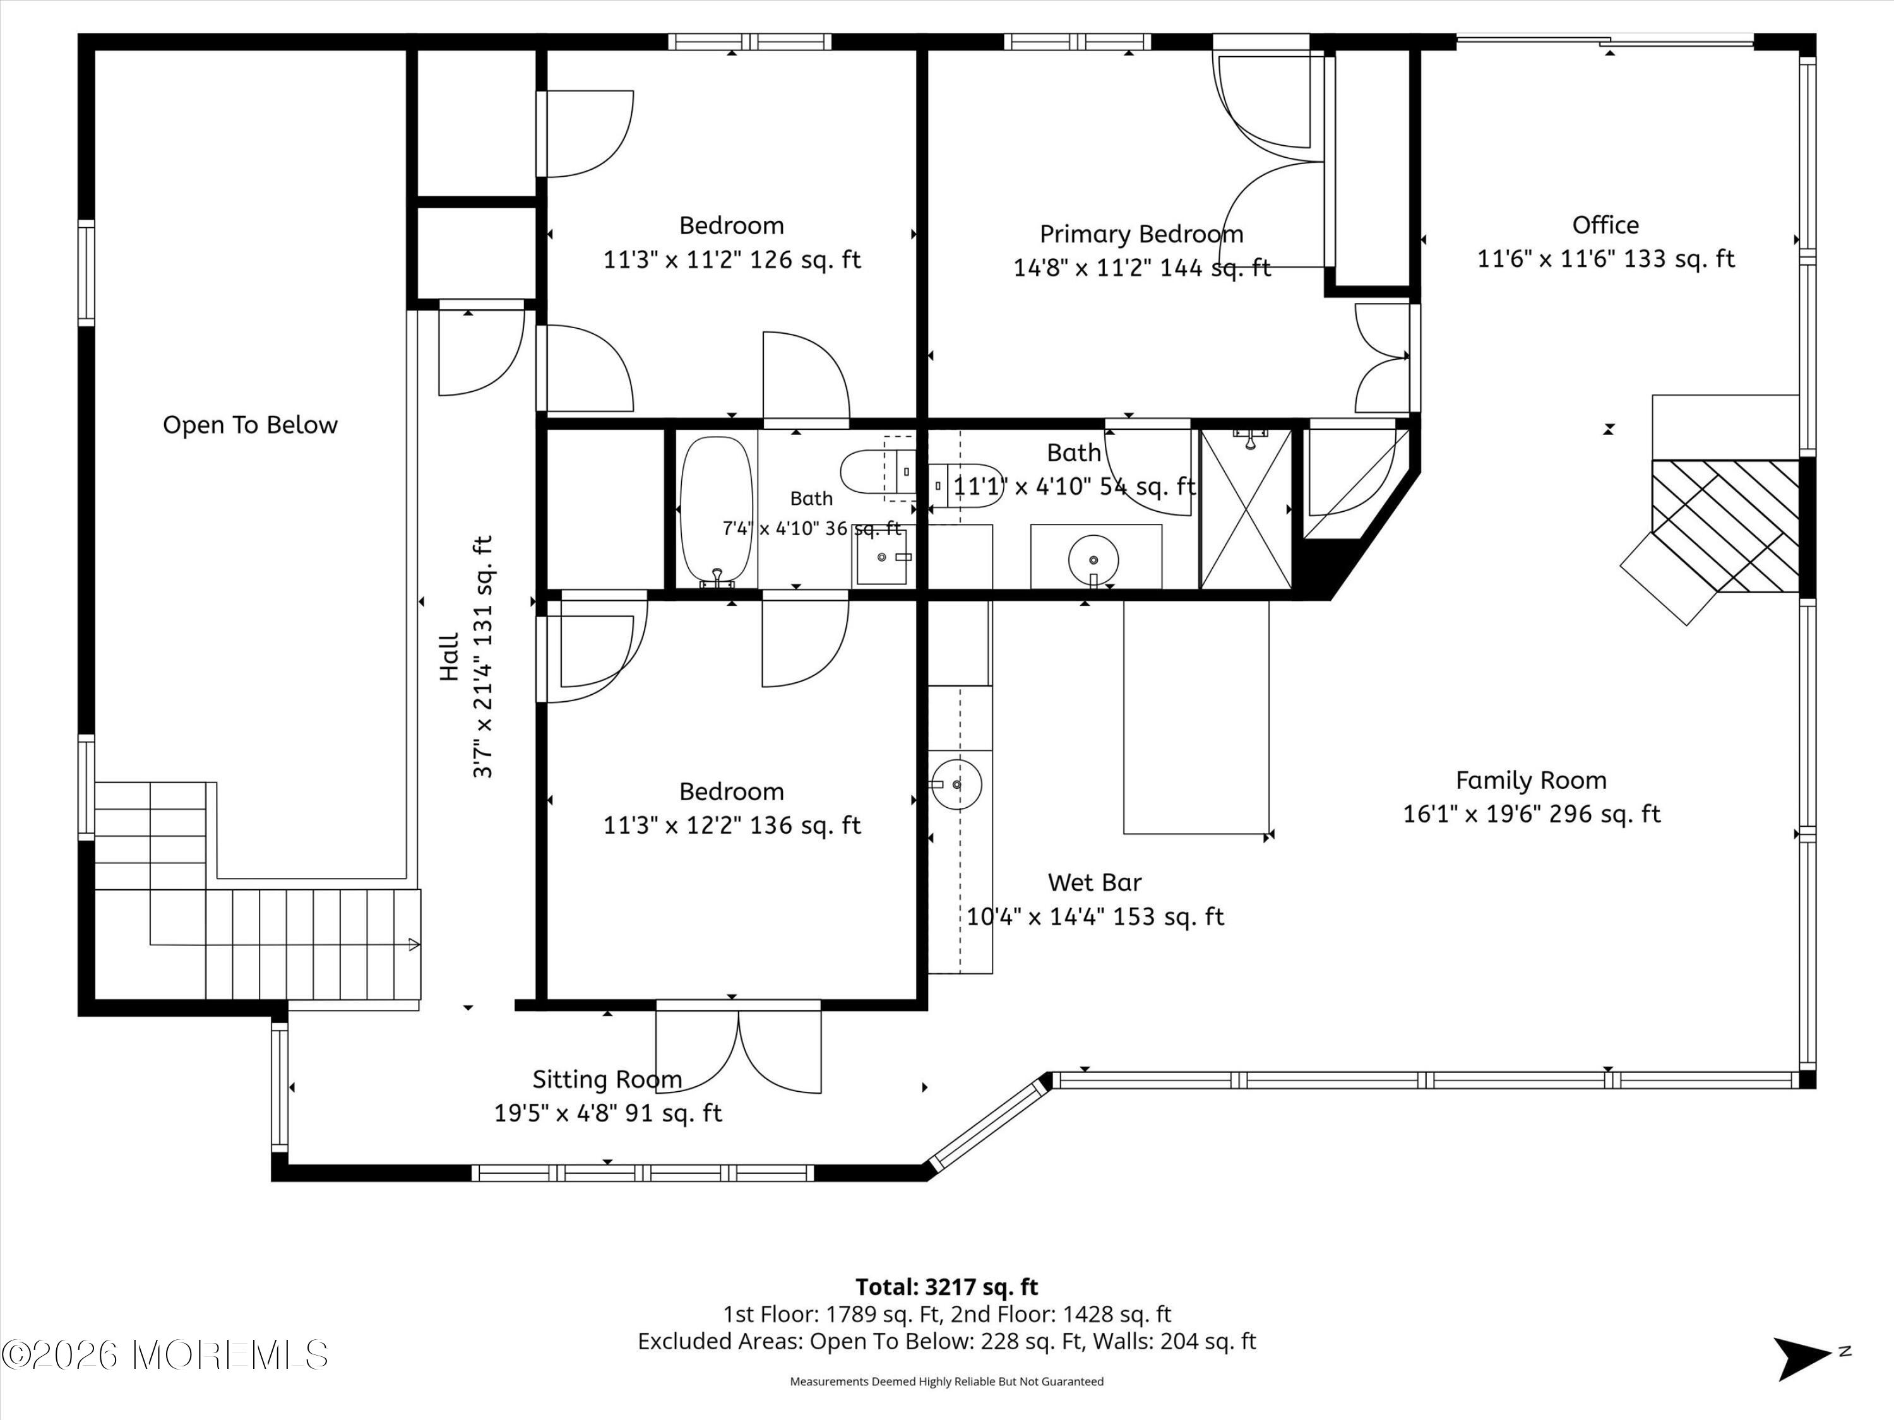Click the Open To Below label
(x=250, y=425)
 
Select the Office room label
(x=1605, y=225)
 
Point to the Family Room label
(x=1531, y=781)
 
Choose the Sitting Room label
(x=607, y=1079)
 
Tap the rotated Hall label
(x=450, y=656)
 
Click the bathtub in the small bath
(x=717, y=512)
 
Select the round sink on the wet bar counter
(x=956, y=784)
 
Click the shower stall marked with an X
(x=1246, y=509)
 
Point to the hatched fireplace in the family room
(x=1724, y=526)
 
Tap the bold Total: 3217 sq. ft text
(x=947, y=1286)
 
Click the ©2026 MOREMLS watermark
(x=165, y=1354)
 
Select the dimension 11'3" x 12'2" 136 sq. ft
(x=732, y=825)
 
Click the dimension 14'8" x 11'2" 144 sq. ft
(x=1141, y=268)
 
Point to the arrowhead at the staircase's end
(x=414, y=945)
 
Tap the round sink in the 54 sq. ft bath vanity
(x=1094, y=560)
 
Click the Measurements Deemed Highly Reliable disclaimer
(x=946, y=1381)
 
